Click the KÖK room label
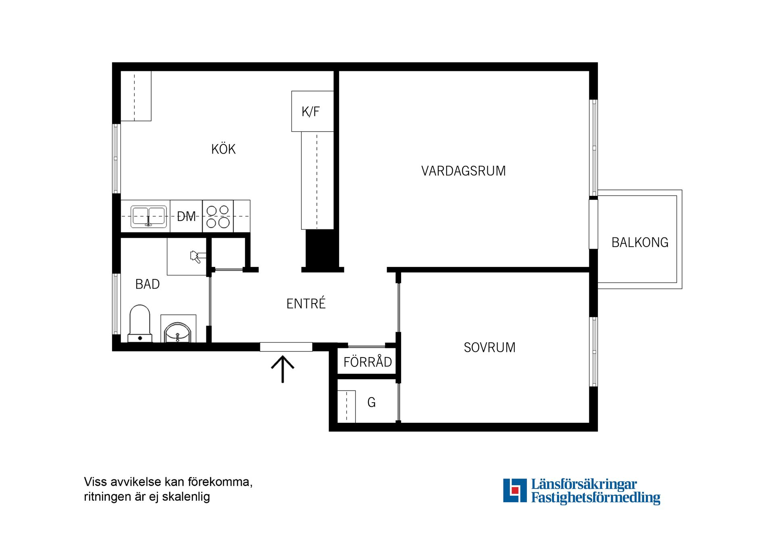223,149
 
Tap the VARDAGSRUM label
463,171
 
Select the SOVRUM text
489,347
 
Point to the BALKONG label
640,242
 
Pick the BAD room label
148,284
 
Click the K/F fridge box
312,111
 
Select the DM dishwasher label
186,216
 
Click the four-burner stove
218,216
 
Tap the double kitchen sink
148,217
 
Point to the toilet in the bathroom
140,324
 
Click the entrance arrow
283,369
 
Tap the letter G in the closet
372,402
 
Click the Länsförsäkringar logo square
515,491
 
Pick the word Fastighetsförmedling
595,498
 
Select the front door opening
286,347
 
